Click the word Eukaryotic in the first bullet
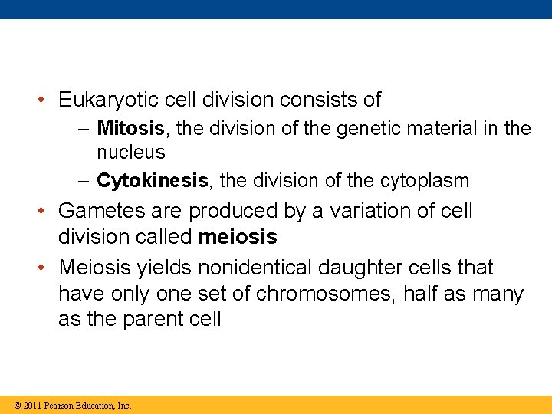(x=103, y=100)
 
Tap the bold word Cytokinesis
(x=152, y=181)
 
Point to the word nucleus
(x=130, y=153)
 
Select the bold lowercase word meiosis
(x=238, y=238)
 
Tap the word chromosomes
(x=323, y=295)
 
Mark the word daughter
(x=378, y=268)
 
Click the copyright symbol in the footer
(x=17, y=405)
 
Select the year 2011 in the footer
(x=32, y=405)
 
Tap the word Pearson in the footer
(x=58, y=405)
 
